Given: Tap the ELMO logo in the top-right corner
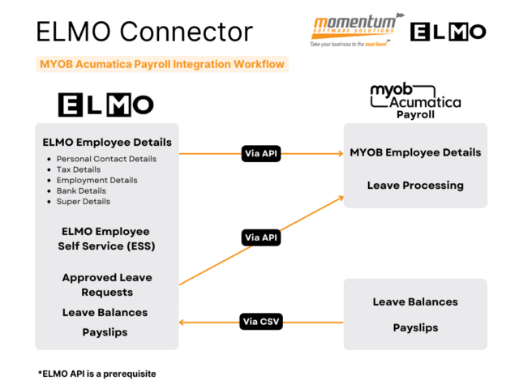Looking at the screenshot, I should (x=448, y=31).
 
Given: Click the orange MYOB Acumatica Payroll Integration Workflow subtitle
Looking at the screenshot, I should (x=163, y=64).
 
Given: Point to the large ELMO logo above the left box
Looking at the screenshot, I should (x=106, y=104).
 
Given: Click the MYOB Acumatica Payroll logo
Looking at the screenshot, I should (x=415, y=101).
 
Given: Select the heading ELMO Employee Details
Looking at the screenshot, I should (x=107, y=143).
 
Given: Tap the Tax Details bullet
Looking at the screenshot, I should (x=79, y=169).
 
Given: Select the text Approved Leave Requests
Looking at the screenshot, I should (x=107, y=284).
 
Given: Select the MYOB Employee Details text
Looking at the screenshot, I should (x=415, y=152).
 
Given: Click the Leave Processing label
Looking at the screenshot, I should (x=415, y=185).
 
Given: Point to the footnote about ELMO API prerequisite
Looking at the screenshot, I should (x=97, y=374).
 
